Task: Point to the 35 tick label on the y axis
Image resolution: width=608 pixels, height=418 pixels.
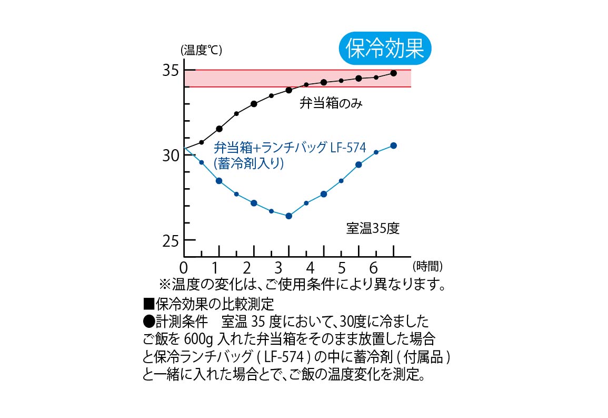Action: coord(170,71)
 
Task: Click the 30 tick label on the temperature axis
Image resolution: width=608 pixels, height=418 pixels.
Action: coord(170,155)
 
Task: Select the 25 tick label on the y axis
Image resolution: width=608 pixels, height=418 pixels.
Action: coord(170,241)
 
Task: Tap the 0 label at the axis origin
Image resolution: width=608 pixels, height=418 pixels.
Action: coord(184,266)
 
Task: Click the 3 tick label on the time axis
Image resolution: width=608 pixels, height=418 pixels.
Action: coord(278,266)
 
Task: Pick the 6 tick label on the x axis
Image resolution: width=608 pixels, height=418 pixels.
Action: coord(374,266)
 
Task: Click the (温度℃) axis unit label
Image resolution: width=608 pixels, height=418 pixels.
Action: coord(201,51)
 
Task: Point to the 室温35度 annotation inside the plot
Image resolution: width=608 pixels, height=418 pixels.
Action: coord(373,229)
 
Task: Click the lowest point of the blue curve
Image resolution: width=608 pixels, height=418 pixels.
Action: coord(288,216)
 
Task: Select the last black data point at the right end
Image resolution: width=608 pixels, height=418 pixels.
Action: coord(393,73)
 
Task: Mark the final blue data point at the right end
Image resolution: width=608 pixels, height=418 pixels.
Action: coord(393,145)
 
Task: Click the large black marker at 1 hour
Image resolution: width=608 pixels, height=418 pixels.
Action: coord(219,129)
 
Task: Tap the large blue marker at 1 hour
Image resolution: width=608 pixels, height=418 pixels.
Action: coord(219,181)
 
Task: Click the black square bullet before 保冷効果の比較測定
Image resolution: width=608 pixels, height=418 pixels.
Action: coord(148,305)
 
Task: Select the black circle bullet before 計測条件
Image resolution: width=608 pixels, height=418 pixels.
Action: coord(148,322)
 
